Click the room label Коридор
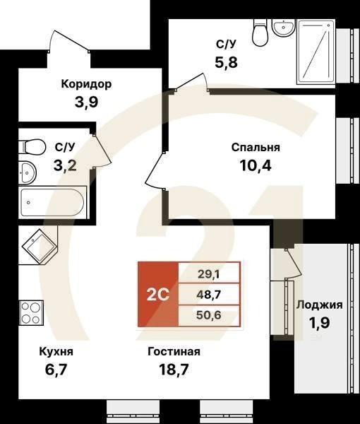87,84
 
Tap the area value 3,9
88,100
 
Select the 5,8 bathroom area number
227,61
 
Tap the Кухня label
56,351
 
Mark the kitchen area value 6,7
56,368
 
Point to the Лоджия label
319,305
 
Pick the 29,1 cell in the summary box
209,271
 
